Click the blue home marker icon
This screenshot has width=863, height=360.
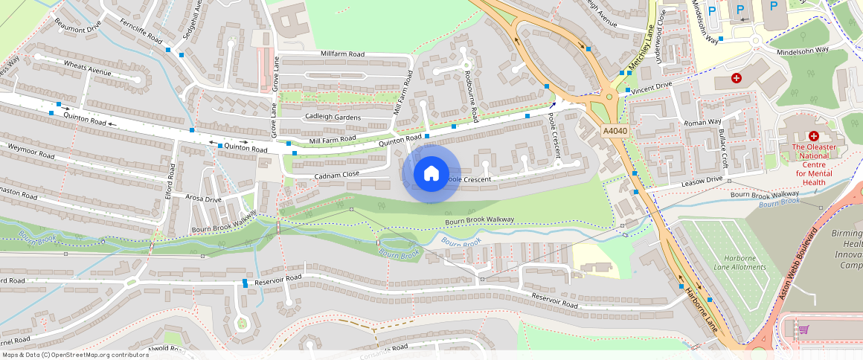pos(431,174)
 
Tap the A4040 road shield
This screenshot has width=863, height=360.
pos(614,131)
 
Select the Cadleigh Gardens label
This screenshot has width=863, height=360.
pos(333,118)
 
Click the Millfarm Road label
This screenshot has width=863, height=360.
pos(342,54)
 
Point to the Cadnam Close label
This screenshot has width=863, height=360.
pos(337,174)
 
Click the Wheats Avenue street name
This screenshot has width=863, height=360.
pos(87,69)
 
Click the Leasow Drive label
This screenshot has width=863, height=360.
pos(702,180)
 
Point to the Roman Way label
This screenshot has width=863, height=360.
pos(703,122)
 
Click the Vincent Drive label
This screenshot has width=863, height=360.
pos(652,86)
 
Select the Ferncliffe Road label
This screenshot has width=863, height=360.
pos(141,31)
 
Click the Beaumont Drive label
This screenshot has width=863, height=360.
pos(77,26)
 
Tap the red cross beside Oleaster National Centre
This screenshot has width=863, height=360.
pos(814,136)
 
